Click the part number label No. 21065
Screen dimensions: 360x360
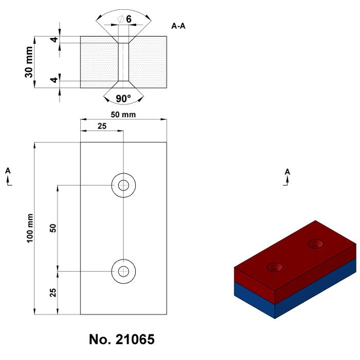pyautogui.click(x=121, y=340)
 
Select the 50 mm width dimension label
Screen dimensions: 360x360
pyautogui.click(x=123, y=115)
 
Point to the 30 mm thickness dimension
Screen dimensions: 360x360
pyautogui.click(x=30, y=62)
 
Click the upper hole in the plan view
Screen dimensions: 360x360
pyautogui.click(x=123, y=185)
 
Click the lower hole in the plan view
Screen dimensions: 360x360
pyautogui.click(x=123, y=271)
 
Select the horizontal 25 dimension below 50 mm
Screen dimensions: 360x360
pyautogui.click(x=102, y=127)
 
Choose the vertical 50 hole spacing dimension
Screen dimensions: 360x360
pyautogui.click(x=52, y=228)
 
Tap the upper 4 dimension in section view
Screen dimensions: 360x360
pyautogui.click(x=52, y=40)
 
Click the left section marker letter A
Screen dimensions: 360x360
pyautogui.click(x=8, y=170)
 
